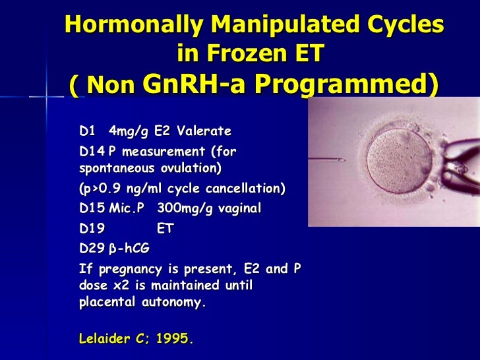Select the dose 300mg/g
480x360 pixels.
(x=186, y=208)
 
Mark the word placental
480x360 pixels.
(x=107, y=304)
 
